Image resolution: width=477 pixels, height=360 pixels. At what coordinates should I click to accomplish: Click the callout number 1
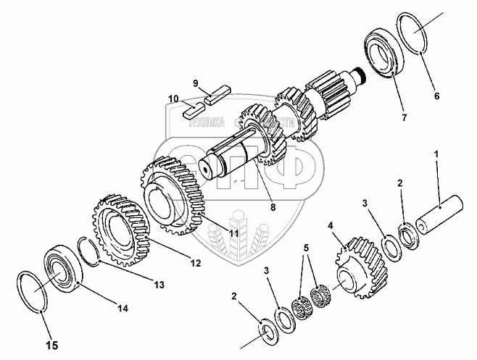tap(436, 154)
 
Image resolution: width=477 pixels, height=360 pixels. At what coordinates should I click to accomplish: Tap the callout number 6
tap(436, 93)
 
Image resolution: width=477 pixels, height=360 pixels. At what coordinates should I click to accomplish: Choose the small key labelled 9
tap(217, 92)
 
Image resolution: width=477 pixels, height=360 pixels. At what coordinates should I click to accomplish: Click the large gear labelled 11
tap(174, 193)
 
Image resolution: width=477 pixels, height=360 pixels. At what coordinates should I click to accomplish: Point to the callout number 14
tap(123, 309)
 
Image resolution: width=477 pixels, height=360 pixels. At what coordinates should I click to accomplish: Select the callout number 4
tap(331, 226)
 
